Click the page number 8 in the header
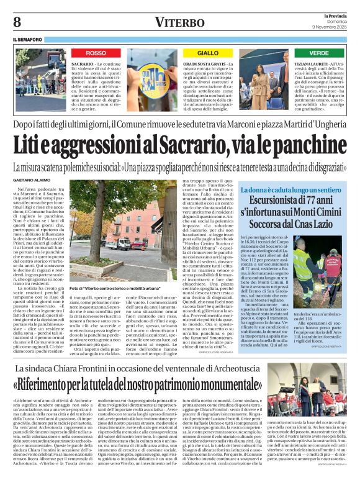pyautogui.click(x=17, y=21)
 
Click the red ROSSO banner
pyautogui.click(x=96, y=53)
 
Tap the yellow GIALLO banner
pyautogui.click(x=209, y=53)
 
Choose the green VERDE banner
pyautogui.click(x=320, y=53)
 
